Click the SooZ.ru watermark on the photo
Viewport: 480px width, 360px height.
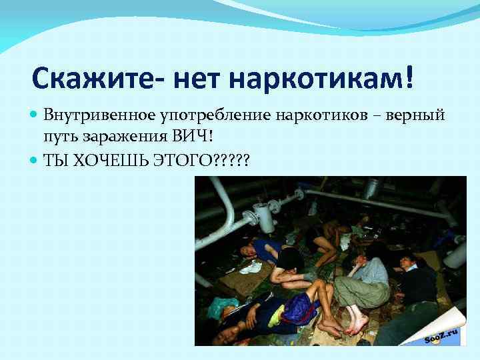tap(443, 332)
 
